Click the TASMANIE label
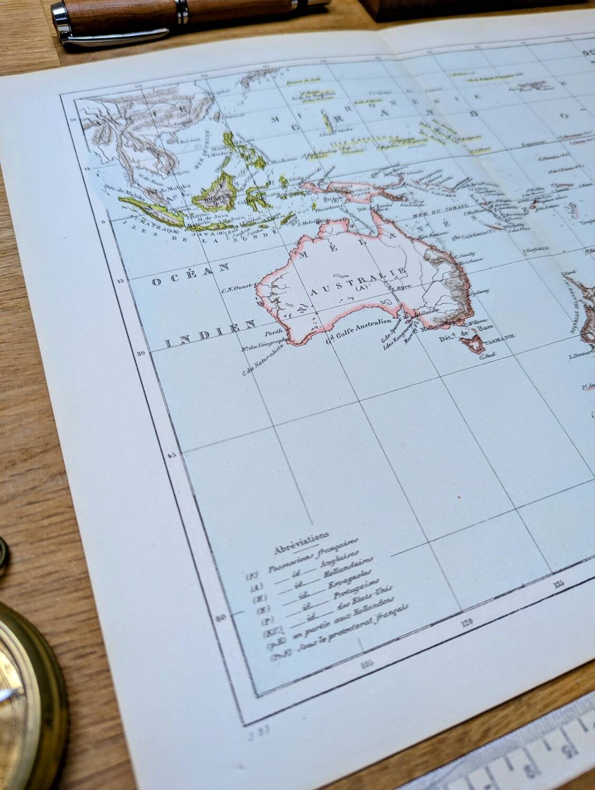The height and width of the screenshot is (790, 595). (x=503, y=340)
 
